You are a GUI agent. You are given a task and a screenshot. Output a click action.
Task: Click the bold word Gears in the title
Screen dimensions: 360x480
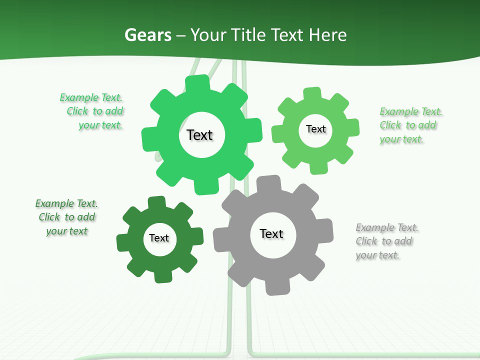point(147,35)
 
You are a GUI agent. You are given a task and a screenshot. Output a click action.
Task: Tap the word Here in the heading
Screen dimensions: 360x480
point(327,35)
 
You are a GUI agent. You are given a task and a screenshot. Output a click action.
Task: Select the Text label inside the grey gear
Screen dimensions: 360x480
point(271,233)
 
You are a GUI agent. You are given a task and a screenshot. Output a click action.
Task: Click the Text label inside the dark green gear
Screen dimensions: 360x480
point(159,238)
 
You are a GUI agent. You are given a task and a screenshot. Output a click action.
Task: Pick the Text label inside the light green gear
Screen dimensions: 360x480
point(315,129)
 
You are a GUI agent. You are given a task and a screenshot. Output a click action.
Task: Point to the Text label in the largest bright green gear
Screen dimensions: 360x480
point(199,135)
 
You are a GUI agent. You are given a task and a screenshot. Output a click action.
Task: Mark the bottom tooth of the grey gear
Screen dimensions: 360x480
point(276,288)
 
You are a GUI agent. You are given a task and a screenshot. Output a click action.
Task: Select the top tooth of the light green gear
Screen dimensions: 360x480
point(312,93)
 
